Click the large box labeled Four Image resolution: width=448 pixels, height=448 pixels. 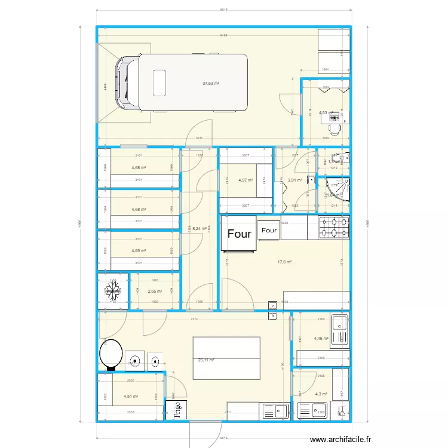click(x=239, y=234)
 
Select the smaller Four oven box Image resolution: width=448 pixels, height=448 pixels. click(x=269, y=230)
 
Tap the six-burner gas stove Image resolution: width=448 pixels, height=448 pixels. click(x=334, y=228)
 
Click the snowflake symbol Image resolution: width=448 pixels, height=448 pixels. click(x=112, y=291)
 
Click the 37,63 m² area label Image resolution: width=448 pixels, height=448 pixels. click(x=211, y=84)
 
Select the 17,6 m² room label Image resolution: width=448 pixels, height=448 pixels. click(x=284, y=262)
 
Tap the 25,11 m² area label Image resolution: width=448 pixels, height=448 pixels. click(x=206, y=360)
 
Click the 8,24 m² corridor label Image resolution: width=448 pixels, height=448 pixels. click(x=200, y=228)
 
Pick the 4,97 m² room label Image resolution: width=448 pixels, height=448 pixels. click(x=246, y=180)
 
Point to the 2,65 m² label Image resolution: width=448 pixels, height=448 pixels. click(x=155, y=291)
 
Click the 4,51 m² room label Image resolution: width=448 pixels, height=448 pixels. click(x=130, y=396)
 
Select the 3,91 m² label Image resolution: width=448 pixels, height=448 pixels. click(x=294, y=180)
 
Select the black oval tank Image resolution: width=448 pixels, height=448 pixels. click(x=111, y=354)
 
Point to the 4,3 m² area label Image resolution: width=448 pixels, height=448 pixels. click(x=322, y=394)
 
